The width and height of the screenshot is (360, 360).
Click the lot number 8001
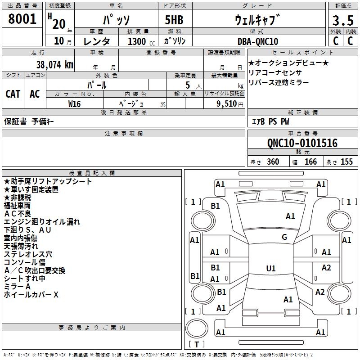pos(22,19)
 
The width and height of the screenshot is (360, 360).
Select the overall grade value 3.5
pos(342,20)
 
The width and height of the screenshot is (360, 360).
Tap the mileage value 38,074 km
pos(54,64)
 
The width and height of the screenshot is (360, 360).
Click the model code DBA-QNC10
pos(258,41)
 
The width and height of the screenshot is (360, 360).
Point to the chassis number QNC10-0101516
pos(302,143)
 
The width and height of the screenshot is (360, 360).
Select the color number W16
pos(75,103)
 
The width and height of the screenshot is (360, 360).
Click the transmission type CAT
pos(13,94)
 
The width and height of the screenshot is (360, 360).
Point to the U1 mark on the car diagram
pos(270,269)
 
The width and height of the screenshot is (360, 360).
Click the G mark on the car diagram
pos(284,237)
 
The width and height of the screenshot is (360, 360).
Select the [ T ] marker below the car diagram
pos(196,345)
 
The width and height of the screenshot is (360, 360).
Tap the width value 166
pos(310,162)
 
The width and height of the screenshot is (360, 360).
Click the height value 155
pos(346,162)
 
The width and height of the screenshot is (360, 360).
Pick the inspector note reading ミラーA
pos(17,287)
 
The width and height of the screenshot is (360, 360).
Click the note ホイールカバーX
pos(31,295)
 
